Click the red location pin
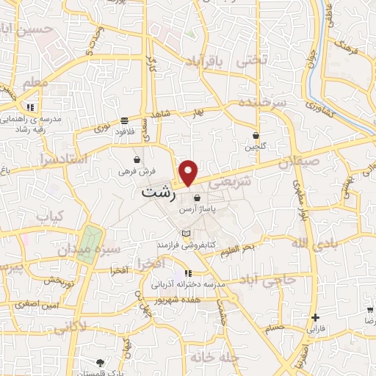tap(189, 173)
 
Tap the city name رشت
tap(158, 194)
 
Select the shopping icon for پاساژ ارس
tap(196, 198)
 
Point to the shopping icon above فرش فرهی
tap(137, 159)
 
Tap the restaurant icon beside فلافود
tap(125, 118)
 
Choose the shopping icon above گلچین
tap(256, 135)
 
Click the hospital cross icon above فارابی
tap(316, 318)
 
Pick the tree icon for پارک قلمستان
tap(101, 362)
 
